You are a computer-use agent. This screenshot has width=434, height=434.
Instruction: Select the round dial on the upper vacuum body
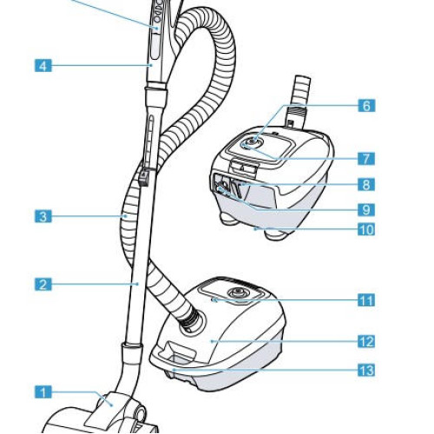[x=253, y=143]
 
